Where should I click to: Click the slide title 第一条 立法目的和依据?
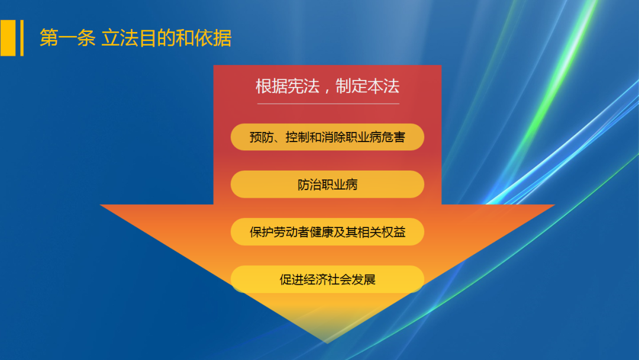click(x=135, y=38)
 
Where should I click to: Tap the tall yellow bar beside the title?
click(x=8, y=38)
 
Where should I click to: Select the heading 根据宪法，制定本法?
click(x=327, y=86)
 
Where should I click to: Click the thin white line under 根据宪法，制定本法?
click(x=328, y=104)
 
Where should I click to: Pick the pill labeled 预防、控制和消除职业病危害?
click(x=327, y=137)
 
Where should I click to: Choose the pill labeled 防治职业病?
click(x=327, y=185)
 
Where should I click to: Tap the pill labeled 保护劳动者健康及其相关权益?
click(x=327, y=232)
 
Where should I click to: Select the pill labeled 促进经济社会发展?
click(x=327, y=279)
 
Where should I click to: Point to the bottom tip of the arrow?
click(x=327, y=342)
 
